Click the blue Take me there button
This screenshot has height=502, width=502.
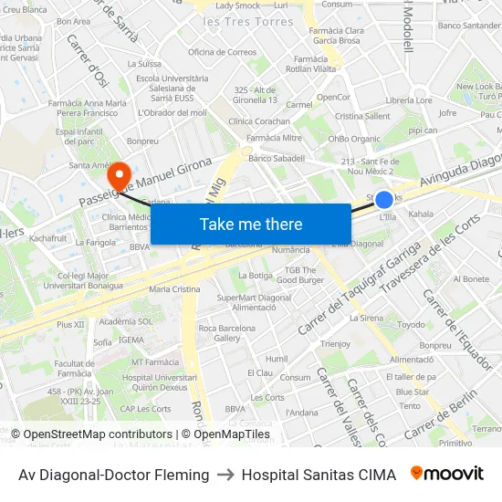[251, 225]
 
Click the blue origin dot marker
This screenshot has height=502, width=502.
[384, 200]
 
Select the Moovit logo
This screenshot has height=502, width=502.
[447, 474]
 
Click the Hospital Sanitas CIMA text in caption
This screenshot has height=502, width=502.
[319, 475]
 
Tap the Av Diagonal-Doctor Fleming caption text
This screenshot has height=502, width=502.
[114, 475]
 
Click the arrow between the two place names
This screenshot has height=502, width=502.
[225, 475]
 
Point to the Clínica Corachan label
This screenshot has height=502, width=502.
[259, 120]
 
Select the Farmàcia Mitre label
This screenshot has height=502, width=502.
[275, 138]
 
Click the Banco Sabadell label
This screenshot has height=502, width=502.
[276, 158]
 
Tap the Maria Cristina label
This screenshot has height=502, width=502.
[173, 288]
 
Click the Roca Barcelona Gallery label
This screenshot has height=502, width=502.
[220, 333]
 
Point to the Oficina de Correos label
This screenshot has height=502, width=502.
[222, 52]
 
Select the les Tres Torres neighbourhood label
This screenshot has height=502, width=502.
[248, 22]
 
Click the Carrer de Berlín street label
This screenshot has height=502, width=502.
[441, 414]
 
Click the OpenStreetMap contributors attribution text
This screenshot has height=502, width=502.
[98, 434]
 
